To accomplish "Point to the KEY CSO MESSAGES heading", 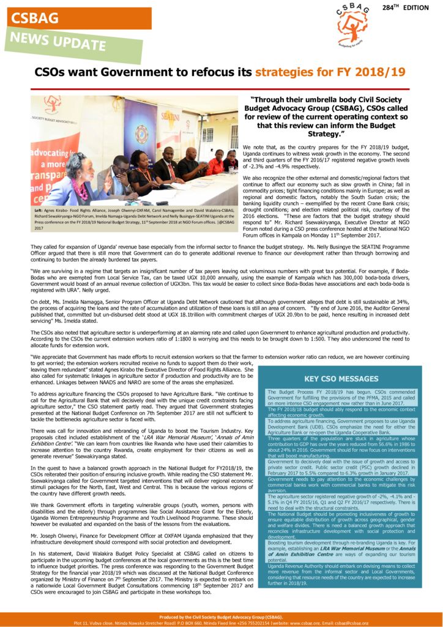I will click(341, 378).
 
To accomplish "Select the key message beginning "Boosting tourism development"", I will click(341, 551).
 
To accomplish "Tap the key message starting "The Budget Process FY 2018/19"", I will click(341, 397).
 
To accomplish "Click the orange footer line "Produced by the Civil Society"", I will click(221, 617).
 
